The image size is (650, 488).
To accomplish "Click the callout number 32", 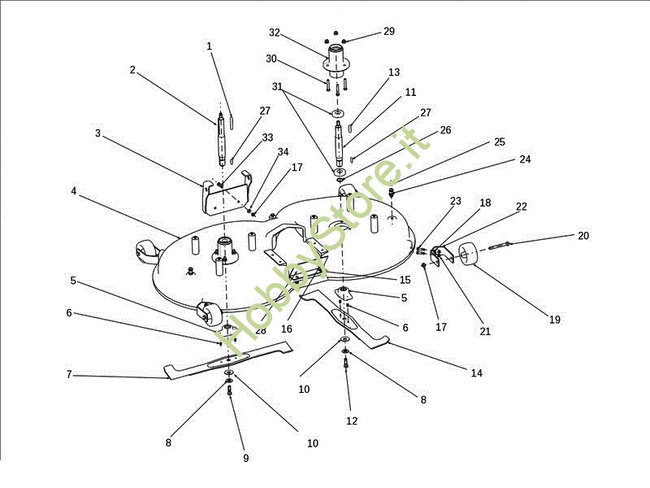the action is click(x=275, y=33).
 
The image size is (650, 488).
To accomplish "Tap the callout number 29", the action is click(x=389, y=32).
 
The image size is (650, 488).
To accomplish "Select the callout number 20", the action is click(x=583, y=236).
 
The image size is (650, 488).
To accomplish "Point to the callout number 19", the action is click(x=555, y=320).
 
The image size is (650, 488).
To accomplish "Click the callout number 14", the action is click(x=477, y=373).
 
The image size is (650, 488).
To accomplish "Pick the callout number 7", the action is click(x=69, y=375).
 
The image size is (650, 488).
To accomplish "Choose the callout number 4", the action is click(x=74, y=191).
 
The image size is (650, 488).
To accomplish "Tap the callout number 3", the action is click(x=97, y=133).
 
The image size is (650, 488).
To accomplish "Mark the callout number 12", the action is click(x=352, y=420).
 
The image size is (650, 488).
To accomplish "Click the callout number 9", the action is click(x=246, y=458).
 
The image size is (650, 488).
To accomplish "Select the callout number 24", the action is click(x=525, y=159).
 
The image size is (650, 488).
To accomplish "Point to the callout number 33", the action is click(x=268, y=137).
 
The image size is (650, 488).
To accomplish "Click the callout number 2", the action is click(x=132, y=70).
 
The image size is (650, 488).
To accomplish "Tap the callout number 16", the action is click(x=287, y=329).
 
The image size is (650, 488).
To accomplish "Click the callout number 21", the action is click(x=484, y=331).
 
